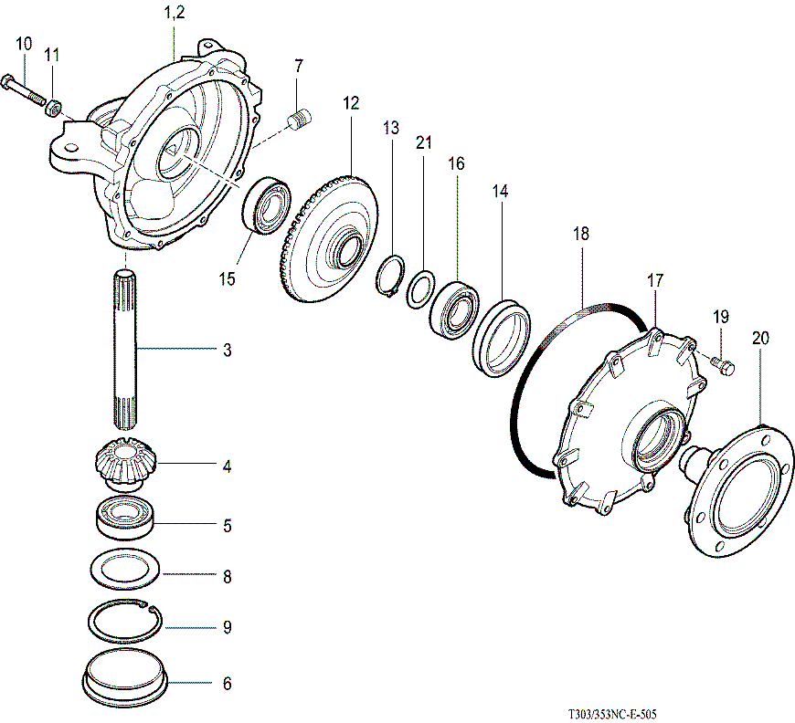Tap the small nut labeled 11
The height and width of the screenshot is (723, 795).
[x=54, y=110]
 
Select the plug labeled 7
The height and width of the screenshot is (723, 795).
[x=301, y=119]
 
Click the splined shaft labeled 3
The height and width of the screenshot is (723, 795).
[x=127, y=351]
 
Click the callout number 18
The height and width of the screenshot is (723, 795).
[x=581, y=234]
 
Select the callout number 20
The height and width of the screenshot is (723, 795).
[x=760, y=337]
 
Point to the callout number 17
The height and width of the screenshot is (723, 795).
[x=654, y=280]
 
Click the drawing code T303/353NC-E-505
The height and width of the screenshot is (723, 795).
[x=612, y=714]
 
